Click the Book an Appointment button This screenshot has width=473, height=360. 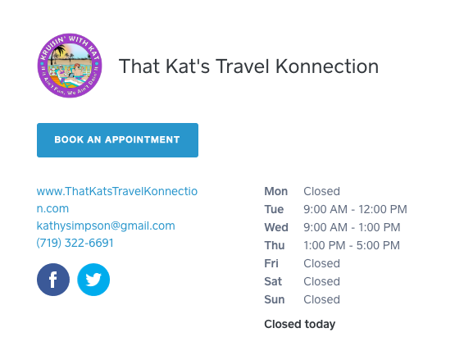[117, 140]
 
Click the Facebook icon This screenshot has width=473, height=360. [53, 280]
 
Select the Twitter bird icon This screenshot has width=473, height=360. [93, 280]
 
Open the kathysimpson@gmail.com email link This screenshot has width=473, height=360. [106, 226]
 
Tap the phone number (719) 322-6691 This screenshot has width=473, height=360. [75, 244]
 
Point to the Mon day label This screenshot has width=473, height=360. [275, 192]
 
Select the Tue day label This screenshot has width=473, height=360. [274, 210]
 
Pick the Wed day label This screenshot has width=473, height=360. [276, 228]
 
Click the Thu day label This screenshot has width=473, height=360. [275, 246]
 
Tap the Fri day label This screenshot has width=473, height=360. [271, 264]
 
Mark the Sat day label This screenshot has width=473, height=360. [273, 282]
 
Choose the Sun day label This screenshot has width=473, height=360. [274, 300]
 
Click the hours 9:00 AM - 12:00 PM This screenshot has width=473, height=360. [355, 210]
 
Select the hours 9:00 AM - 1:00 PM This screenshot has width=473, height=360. [352, 228]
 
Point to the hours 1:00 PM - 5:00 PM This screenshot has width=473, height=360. [352, 246]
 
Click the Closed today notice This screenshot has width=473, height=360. [299, 325]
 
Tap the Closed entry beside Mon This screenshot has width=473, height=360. [321, 192]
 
